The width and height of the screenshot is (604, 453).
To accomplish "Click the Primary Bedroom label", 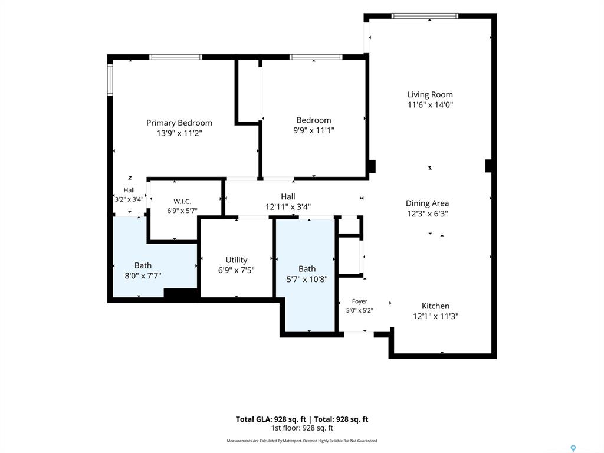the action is pos(179,123).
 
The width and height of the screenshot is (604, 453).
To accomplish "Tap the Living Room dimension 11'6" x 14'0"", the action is pos(430,105).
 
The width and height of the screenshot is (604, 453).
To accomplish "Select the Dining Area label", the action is pos(427,203).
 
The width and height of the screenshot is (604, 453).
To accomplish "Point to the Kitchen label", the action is pos(436,306).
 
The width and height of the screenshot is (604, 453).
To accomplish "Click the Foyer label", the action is pos(359,301).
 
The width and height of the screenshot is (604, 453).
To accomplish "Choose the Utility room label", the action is pos(237,260).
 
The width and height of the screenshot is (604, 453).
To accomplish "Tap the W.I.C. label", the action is pos(182,202).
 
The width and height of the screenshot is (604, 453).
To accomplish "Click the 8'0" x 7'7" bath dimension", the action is pos(143,276).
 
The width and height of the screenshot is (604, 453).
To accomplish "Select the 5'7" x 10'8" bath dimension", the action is pos(307,279).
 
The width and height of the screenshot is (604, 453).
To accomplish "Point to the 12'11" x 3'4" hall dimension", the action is pos(288,207).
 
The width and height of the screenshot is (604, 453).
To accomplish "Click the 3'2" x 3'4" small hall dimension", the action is pos(129,199).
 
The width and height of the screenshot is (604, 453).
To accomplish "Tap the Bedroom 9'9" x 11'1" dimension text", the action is pos(314,130).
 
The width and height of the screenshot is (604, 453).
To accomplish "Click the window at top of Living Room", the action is pos(425,16).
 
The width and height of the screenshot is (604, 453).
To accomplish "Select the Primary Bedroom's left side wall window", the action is pos(110,80).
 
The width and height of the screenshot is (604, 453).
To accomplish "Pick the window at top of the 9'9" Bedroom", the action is pos(316,57).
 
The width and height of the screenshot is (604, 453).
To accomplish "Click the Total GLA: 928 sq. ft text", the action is pos(271,419).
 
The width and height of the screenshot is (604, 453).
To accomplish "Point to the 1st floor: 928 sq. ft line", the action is pos(302,428).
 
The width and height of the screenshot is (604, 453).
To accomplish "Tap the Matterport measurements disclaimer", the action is pos(302,441).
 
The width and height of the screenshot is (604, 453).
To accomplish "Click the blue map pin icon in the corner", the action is pos(573,448).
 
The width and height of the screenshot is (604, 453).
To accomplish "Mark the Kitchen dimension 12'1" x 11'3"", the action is pos(436,316).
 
